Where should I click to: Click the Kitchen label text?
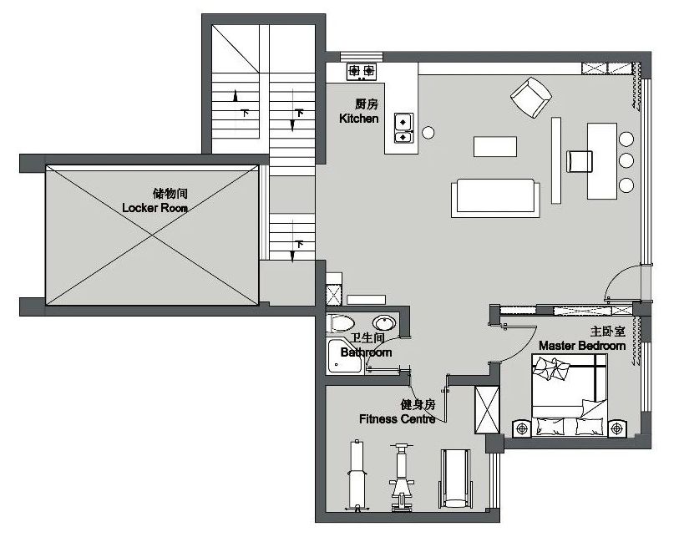[x=359, y=119]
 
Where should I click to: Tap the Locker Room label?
[x=155, y=208]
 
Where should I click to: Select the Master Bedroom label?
[x=582, y=346]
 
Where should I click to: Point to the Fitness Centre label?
[x=398, y=418]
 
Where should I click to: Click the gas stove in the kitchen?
[x=362, y=71]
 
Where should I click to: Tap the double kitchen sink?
[x=403, y=128]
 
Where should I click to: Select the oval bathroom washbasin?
[x=384, y=323]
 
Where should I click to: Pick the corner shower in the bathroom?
[x=345, y=357]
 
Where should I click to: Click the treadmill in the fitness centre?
[x=454, y=479]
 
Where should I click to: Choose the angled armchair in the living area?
[x=531, y=98]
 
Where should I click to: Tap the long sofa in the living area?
[x=495, y=197]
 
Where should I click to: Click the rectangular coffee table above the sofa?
[x=495, y=146]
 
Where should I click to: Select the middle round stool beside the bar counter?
[x=626, y=160]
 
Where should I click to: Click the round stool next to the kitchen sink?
[x=428, y=133]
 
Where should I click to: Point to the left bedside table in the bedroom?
[x=522, y=428]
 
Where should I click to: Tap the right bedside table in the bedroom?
[x=616, y=428]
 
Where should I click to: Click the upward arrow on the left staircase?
[x=236, y=96]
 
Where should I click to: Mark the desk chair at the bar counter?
[x=580, y=161]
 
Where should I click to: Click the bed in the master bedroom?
[x=569, y=395]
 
